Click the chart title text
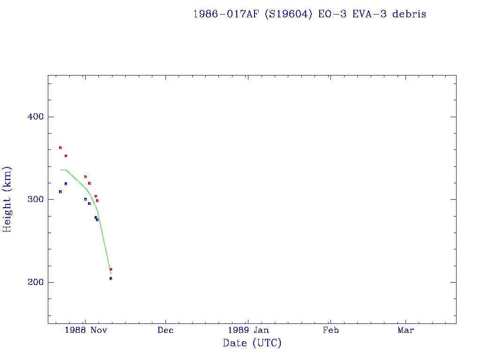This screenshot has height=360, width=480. pyautogui.click(x=309, y=14)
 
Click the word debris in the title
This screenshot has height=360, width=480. pyautogui.click(x=409, y=14)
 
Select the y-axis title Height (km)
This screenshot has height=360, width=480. pyautogui.click(x=7, y=199)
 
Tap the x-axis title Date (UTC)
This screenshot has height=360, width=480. pyautogui.click(x=252, y=343)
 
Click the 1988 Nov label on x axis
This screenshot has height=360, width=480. pyautogui.click(x=86, y=330)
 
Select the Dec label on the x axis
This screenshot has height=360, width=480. pyautogui.click(x=165, y=330)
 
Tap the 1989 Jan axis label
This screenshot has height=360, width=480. pyautogui.click(x=248, y=330)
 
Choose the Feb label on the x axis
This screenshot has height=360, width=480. pyautogui.click(x=330, y=330)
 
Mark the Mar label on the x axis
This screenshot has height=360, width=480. pyautogui.click(x=406, y=330)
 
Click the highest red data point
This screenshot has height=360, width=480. pyautogui.click(x=60, y=148)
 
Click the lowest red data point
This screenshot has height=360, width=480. pyautogui.click(x=111, y=269)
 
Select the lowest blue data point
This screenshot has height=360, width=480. pyautogui.click(x=111, y=278)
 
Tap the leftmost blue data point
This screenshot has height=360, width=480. pyautogui.click(x=60, y=192)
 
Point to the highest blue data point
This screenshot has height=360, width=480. pyautogui.click(x=66, y=184)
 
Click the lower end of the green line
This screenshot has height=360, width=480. pyautogui.click(x=111, y=274)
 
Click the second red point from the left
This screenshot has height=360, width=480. pyautogui.click(x=66, y=156)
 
